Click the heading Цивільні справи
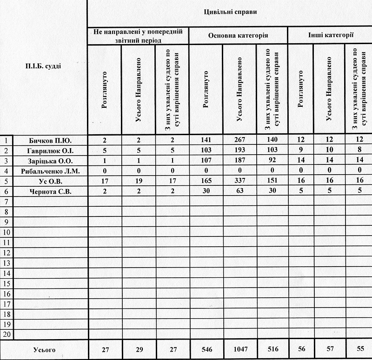[231, 12]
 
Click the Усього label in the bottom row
[44, 350]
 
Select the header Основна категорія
[238, 35]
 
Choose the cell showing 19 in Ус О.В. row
[139, 181]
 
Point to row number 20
[7, 334]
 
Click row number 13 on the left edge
[7, 263]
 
